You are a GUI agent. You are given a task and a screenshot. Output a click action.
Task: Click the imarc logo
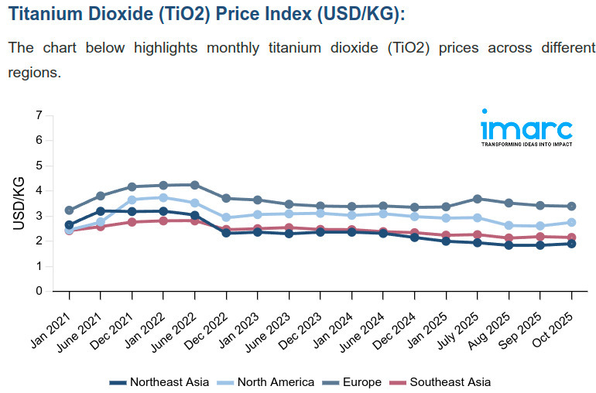coord(526,128)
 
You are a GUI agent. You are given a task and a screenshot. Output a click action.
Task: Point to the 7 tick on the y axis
coord(39,115)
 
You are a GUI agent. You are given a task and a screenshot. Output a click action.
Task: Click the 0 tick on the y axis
coord(39,292)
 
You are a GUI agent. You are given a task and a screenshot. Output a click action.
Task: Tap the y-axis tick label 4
coord(39,191)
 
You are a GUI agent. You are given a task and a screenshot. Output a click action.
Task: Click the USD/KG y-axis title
coord(19,203)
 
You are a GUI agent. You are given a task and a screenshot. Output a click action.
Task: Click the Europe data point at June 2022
coord(194,185)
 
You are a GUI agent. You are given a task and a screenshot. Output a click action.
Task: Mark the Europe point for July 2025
coord(478,199)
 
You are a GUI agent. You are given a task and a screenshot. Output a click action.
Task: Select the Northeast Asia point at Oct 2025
coord(571,244)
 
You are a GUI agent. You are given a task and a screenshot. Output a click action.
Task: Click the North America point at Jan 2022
coord(163,198)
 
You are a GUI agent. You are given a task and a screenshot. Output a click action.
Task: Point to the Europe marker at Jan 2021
coord(69,210)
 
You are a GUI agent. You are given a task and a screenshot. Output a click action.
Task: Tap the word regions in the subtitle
coord(34,72)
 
